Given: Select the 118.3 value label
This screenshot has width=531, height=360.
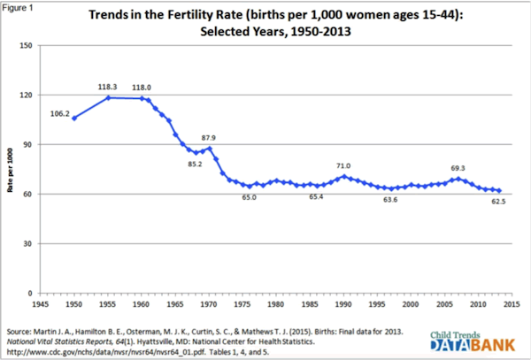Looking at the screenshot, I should click(x=108, y=87).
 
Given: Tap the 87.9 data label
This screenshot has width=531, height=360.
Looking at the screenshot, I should click(x=209, y=137).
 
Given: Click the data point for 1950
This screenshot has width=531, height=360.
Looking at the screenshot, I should click(x=74, y=118).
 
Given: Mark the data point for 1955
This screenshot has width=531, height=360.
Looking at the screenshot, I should click(x=108, y=97).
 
